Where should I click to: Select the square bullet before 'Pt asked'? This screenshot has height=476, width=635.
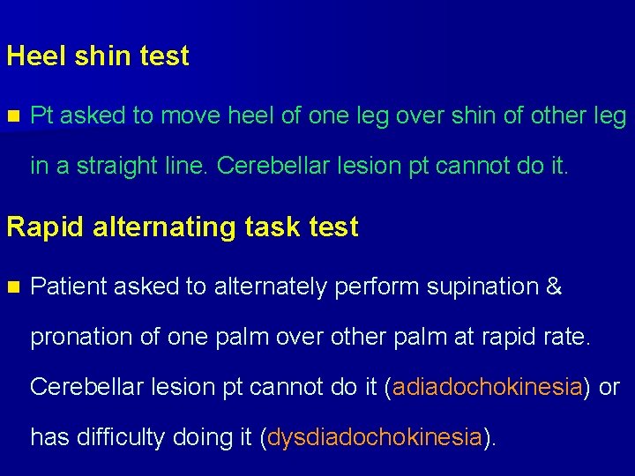tap(12, 115)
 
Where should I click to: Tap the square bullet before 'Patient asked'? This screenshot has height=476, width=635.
tap(12, 286)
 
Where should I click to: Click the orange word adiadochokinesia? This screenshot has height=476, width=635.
tap(488, 387)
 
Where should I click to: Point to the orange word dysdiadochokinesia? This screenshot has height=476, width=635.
tap(375, 437)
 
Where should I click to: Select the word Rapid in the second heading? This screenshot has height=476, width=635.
tap(40, 227)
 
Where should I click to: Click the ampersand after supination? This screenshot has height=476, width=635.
tap(554, 286)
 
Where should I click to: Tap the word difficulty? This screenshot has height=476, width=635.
tap(135, 437)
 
